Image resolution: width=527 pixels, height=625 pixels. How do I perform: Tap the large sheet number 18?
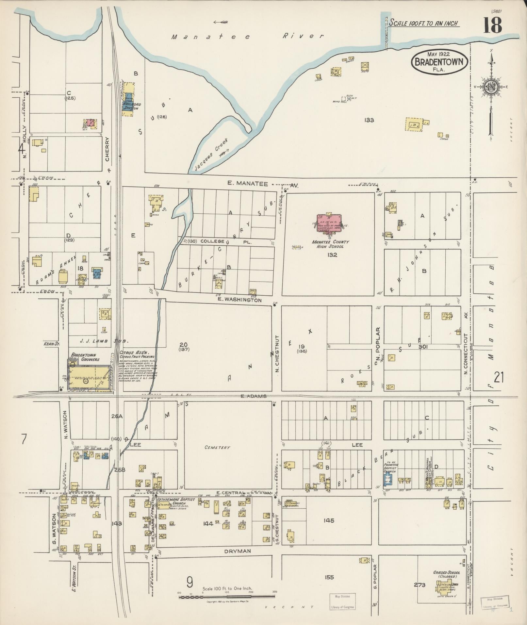(x=492, y=25)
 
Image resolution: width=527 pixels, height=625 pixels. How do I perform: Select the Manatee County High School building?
(x=329, y=223)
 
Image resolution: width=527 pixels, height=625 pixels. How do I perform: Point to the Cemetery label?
(x=217, y=447)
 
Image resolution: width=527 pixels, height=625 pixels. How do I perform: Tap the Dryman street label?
(x=237, y=551)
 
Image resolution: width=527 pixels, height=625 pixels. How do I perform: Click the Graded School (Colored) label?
(x=447, y=574)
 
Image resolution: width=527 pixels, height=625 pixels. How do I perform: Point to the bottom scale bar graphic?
(x=227, y=597)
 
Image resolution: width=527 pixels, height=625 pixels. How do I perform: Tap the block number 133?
(x=369, y=120)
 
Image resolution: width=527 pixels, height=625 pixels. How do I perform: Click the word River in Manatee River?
(x=303, y=36)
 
